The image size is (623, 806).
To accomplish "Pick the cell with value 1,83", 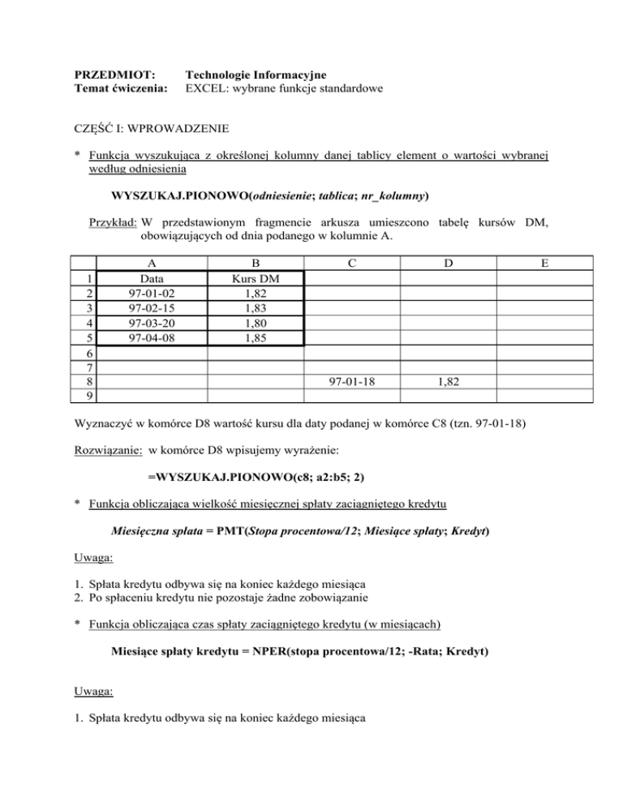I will (256, 307).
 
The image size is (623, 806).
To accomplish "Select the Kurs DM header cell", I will (256, 277).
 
